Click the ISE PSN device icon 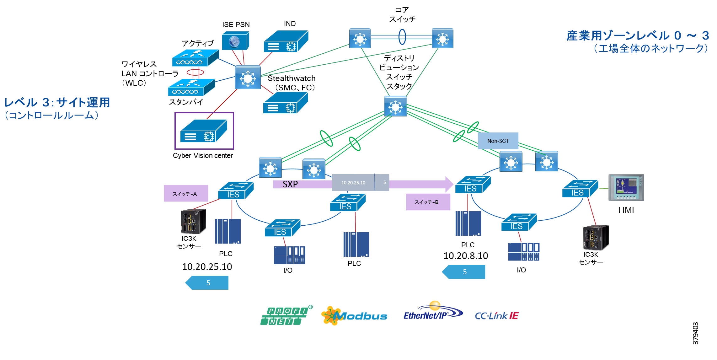(x=235, y=41)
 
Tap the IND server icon (x=286, y=41)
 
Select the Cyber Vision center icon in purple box (x=204, y=131)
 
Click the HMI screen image (x=626, y=187)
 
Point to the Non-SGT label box (x=498, y=141)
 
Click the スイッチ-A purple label (x=186, y=193)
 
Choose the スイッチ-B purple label (x=428, y=202)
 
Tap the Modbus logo (x=354, y=315)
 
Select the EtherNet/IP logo (x=433, y=313)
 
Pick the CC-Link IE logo (x=496, y=316)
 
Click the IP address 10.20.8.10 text (x=466, y=256)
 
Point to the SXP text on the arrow (x=290, y=184)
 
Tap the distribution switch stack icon (x=395, y=106)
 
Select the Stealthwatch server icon (x=285, y=103)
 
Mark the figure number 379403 (x=695, y=333)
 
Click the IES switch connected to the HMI (x=580, y=189)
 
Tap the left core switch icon (x=360, y=38)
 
